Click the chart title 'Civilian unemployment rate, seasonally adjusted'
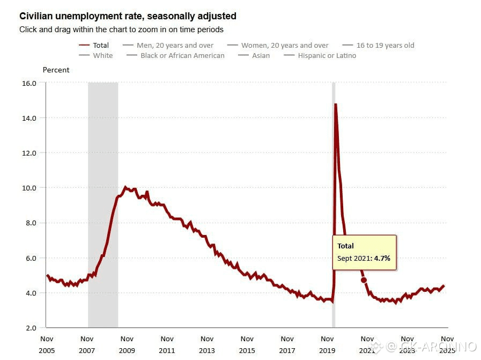128,16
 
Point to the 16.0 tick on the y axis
28,83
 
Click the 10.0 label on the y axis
28,188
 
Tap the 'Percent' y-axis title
56,70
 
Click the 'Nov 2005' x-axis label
47,344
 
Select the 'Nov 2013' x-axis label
207,344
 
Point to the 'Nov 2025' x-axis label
447,344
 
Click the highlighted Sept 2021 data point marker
364,280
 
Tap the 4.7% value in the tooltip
382,258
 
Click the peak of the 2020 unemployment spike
335,104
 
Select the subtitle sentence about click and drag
121,30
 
